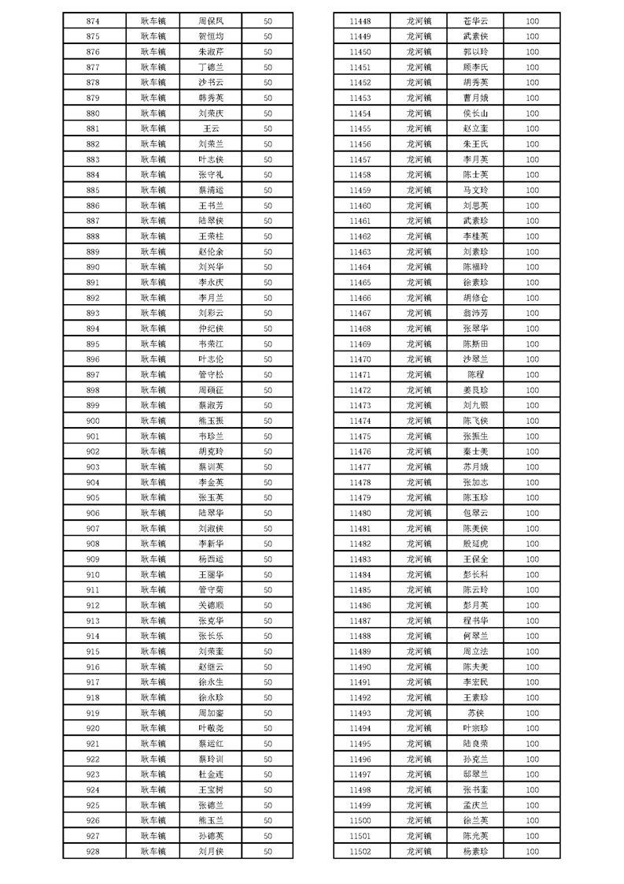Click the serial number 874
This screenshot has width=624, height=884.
coord(93,20)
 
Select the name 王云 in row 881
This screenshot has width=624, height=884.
coord(212,128)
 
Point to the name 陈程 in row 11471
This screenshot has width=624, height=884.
coord(476,374)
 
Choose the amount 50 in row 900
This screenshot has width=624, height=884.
coord(268,421)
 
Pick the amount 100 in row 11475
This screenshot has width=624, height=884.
coord(533,436)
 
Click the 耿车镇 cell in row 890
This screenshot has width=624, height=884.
coord(153,267)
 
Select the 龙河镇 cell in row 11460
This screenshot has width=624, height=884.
coord(419,206)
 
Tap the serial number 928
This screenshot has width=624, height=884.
coord(93,851)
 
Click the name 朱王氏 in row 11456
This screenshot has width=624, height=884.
coord(476,144)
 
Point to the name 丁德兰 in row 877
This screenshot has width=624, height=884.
coord(212,67)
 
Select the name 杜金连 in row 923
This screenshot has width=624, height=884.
coord(212,774)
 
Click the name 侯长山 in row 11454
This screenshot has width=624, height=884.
coord(476,113)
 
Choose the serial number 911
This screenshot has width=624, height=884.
coord(93,589)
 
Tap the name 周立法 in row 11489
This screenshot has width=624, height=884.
coord(476,652)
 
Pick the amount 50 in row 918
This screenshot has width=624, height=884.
coord(268,697)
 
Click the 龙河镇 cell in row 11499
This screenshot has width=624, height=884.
coord(419,805)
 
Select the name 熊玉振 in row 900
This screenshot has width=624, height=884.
coord(212,421)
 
